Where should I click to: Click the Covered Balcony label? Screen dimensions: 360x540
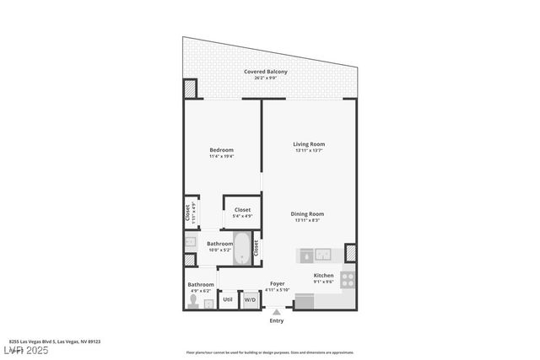[x=266, y=72]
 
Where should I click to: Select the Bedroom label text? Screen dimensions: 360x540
[x=221, y=150]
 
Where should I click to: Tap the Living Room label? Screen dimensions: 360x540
[x=309, y=144]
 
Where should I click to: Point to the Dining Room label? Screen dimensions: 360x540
[x=308, y=214]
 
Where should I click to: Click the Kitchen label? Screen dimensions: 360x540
[x=323, y=276]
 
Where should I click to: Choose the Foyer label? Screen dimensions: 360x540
[x=277, y=284]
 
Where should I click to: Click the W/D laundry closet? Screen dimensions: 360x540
[x=251, y=299]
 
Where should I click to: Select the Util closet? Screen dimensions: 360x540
[x=228, y=299]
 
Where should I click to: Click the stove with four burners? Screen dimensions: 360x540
[x=348, y=278]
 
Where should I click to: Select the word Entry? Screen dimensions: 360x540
[x=276, y=321]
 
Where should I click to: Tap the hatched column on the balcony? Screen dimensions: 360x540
[x=191, y=89]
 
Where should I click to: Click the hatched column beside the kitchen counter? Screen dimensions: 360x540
[x=350, y=252]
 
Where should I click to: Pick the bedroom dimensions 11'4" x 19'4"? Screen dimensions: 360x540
[x=221, y=156]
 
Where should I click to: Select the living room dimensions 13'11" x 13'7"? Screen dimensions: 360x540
[x=309, y=151]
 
